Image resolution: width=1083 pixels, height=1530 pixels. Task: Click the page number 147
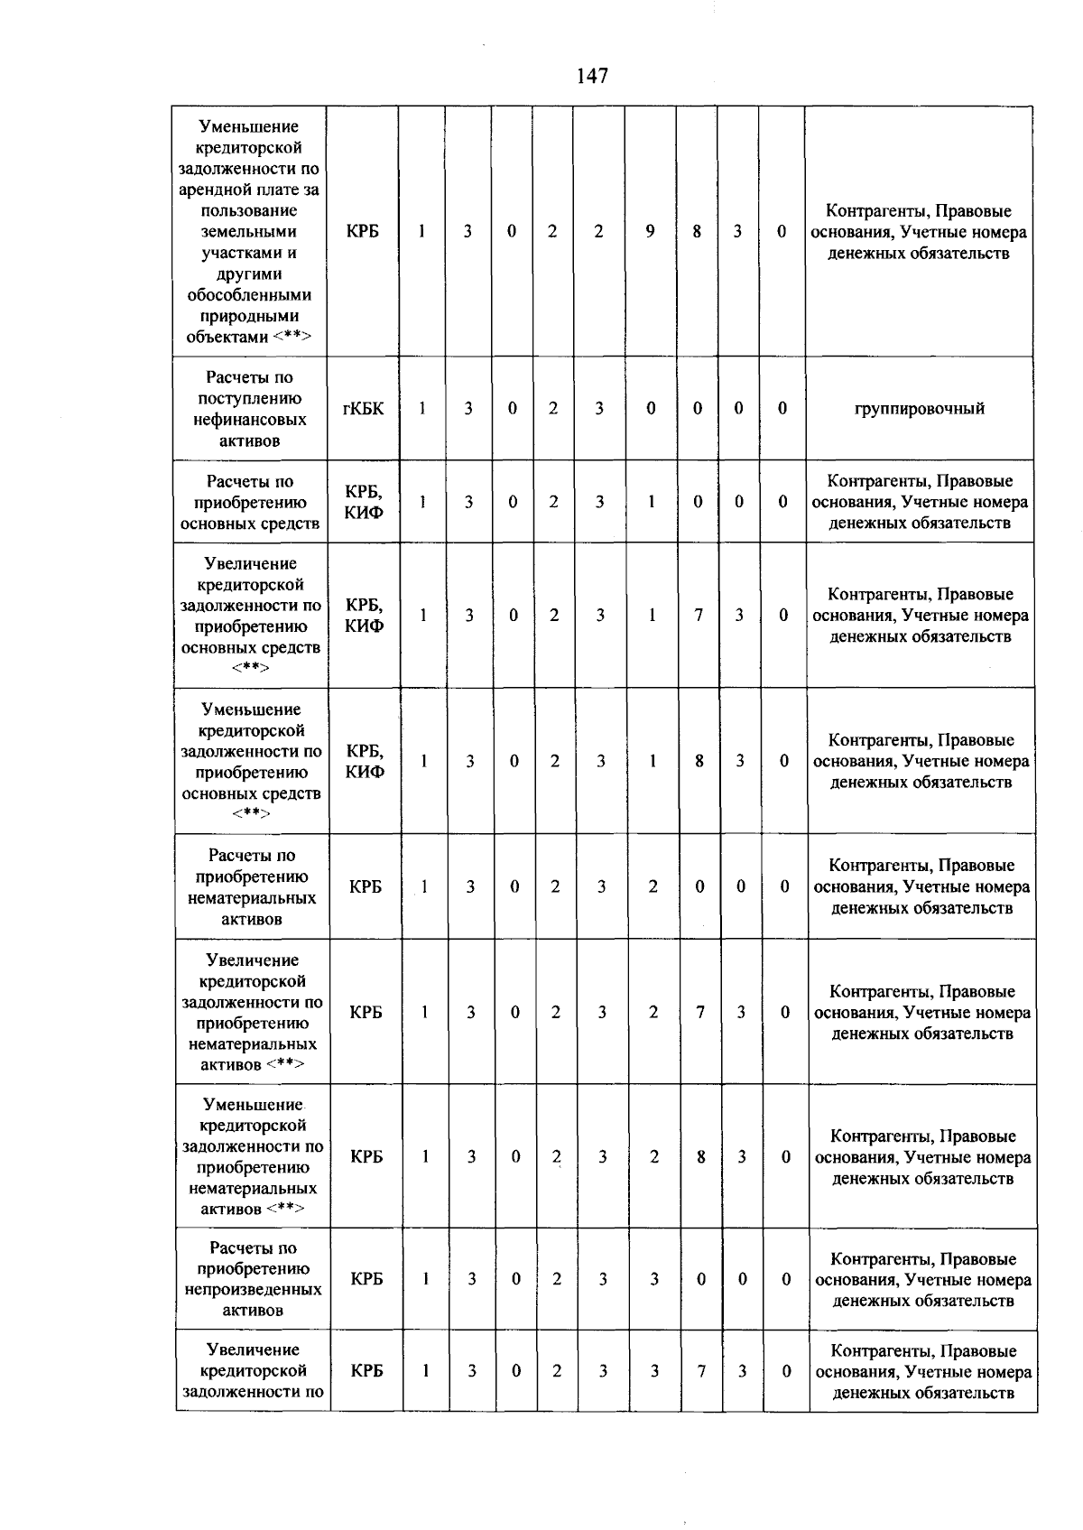click(592, 76)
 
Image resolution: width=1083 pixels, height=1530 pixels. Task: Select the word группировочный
click(919, 409)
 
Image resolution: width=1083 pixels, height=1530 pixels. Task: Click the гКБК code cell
click(363, 409)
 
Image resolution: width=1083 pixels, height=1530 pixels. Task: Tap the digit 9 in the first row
click(650, 232)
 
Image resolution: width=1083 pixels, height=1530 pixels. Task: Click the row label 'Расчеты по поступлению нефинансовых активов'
click(249, 409)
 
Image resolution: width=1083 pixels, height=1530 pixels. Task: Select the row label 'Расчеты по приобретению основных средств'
click(250, 502)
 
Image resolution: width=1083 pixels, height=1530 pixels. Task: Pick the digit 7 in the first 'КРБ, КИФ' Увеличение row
click(699, 616)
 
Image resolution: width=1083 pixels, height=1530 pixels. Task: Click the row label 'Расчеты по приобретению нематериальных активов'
click(252, 887)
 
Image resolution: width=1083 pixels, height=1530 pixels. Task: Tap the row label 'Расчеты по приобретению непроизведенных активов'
click(253, 1279)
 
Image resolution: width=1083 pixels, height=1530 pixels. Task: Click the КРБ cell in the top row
click(362, 232)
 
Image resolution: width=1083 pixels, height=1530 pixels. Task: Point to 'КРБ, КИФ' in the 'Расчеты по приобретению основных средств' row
click(364, 502)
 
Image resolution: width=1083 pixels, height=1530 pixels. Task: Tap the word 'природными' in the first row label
click(248, 316)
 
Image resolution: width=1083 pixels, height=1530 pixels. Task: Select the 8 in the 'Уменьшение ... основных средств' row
click(699, 761)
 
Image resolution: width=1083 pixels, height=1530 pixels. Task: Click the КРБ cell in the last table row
click(366, 1370)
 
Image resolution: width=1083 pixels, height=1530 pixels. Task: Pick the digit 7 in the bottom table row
click(701, 1370)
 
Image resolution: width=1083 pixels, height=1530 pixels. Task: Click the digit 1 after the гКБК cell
click(421, 409)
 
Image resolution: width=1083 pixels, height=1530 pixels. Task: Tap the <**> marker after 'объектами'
click(292, 338)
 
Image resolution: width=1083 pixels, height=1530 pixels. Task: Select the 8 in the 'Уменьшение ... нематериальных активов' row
click(700, 1157)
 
